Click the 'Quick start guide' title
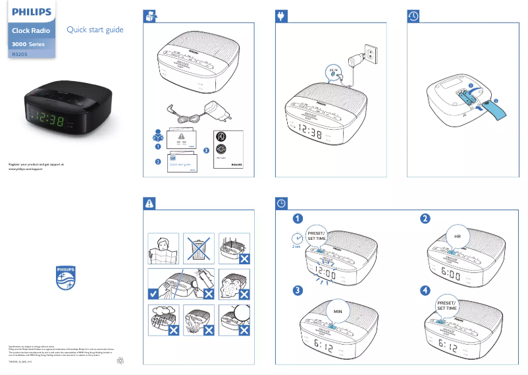point(95,30)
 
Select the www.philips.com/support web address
point(30,169)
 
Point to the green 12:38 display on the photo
point(49,121)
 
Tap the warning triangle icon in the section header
point(150,203)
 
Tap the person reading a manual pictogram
point(160,248)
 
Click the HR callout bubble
point(458,235)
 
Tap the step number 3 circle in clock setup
point(298,290)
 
